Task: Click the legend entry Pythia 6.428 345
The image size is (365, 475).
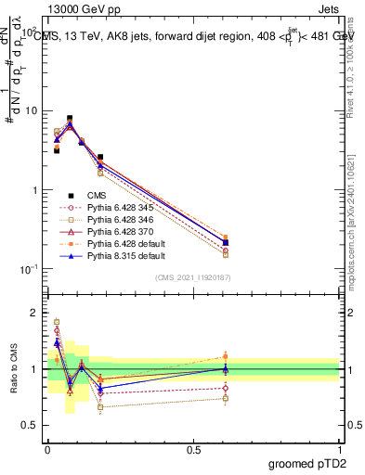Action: tap(116, 208)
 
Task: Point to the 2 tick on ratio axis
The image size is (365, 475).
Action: tap(35, 313)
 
